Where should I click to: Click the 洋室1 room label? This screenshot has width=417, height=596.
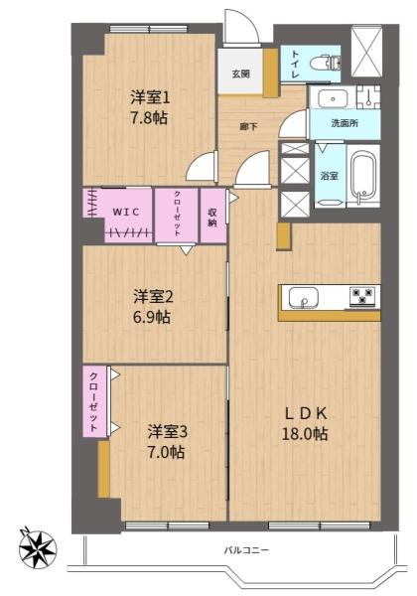point(151,97)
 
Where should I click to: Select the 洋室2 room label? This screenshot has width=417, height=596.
point(154,296)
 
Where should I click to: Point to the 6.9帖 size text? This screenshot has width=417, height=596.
point(154,317)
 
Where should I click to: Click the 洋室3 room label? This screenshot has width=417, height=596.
point(168,431)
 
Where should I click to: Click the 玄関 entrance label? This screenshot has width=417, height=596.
point(241,74)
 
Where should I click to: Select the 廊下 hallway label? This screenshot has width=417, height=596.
point(249,127)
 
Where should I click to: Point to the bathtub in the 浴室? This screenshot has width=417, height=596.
point(362,177)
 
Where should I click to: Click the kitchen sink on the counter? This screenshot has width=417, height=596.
point(301,296)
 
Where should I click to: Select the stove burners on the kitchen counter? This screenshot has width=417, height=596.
point(361,296)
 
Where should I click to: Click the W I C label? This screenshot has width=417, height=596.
point(125,211)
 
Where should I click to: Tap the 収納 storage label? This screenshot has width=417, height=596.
point(212,216)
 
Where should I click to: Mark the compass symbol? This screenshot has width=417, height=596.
point(38,545)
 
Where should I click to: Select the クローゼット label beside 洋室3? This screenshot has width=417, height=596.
point(92,400)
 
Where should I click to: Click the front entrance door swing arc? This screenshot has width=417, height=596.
point(241,27)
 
